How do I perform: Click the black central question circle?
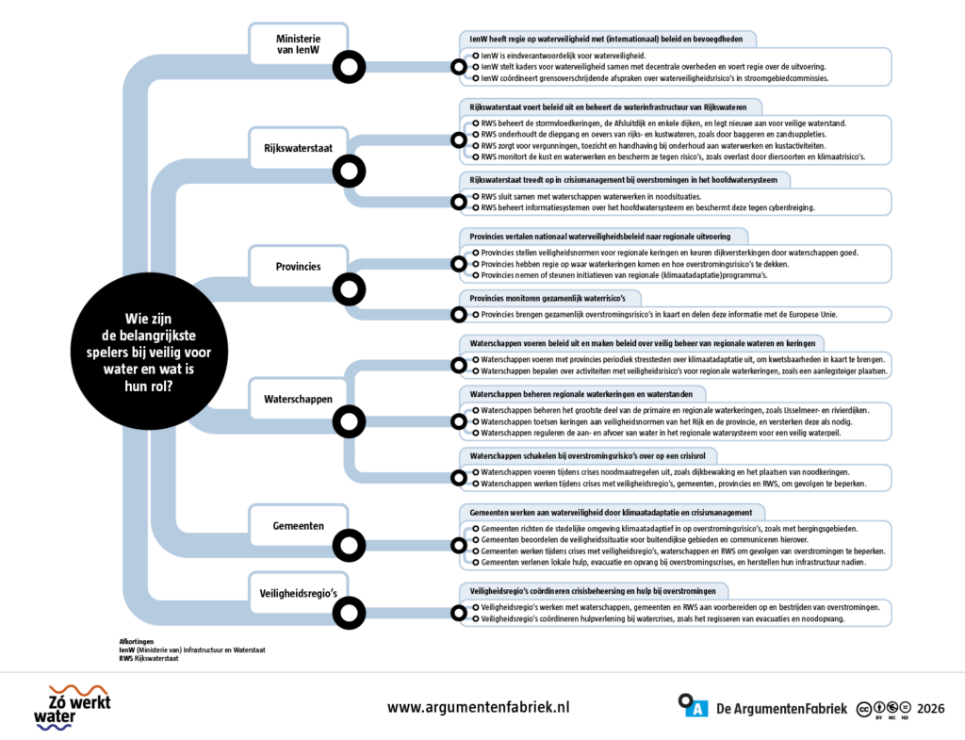(149, 352)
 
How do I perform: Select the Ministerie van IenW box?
(299, 44)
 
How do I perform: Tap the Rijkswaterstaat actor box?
(299, 148)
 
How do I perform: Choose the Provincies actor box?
(299, 267)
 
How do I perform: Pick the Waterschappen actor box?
(299, 399)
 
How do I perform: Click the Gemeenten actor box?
(299, 526)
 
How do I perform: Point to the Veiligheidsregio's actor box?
(299, 594)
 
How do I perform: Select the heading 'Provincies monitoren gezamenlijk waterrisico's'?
(548, 299)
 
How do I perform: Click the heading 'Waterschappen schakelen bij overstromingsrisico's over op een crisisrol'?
(588, 456)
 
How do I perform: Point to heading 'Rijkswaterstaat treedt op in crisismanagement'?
(624, 180)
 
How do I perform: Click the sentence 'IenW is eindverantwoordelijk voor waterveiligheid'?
(564, 56)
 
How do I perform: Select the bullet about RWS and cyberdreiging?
(647, 208)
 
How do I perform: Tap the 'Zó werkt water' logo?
(72, 707)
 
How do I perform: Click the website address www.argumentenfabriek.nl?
(478, 707)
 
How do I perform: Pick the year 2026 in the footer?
(930, 709)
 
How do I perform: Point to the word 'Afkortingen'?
(137, 642)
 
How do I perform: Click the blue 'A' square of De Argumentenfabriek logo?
(697, 709)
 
